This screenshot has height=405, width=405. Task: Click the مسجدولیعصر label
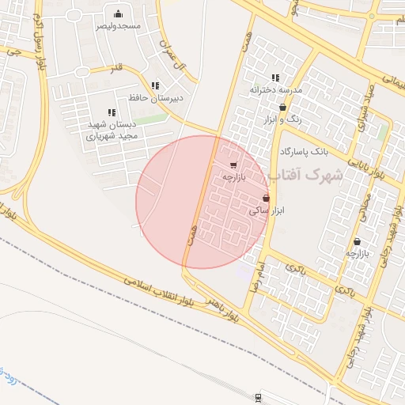118,26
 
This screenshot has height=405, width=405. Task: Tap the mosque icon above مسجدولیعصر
118,13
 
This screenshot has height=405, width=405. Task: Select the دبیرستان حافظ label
156,98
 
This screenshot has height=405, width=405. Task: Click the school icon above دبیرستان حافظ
155,85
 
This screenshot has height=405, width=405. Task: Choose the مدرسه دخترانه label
276,90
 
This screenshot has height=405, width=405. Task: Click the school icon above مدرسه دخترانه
275,78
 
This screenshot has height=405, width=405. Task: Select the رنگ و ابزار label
282,119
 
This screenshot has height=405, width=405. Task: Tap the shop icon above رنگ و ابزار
282,108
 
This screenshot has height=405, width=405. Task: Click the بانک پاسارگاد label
302,150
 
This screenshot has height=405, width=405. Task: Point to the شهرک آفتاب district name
305,174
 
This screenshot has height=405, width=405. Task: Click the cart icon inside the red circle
233,165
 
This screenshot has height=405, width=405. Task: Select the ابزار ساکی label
267,211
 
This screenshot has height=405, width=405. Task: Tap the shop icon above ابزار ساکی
266,198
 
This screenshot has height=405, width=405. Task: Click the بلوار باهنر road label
218,308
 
